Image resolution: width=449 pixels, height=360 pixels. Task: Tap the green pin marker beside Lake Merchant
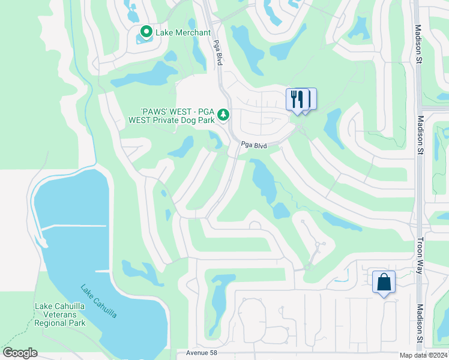point(145,31)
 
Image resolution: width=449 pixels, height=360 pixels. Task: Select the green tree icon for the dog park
point(223,113)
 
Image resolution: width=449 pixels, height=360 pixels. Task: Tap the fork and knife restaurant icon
point(297,99)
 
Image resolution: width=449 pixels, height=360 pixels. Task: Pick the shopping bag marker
point(384,282)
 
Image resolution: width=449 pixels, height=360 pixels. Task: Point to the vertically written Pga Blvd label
point(218,55)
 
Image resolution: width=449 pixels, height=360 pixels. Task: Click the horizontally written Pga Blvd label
point(254,145)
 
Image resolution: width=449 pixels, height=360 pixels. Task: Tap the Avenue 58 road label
point(201,353)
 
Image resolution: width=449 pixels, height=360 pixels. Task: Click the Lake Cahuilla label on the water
point(99,301)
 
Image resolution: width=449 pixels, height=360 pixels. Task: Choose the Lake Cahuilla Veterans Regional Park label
point(60,314)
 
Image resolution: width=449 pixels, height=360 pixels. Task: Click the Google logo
point(20,353)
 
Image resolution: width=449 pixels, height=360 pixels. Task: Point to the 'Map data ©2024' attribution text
point(423,355)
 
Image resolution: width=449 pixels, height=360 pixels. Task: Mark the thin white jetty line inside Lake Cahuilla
point(75,226)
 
